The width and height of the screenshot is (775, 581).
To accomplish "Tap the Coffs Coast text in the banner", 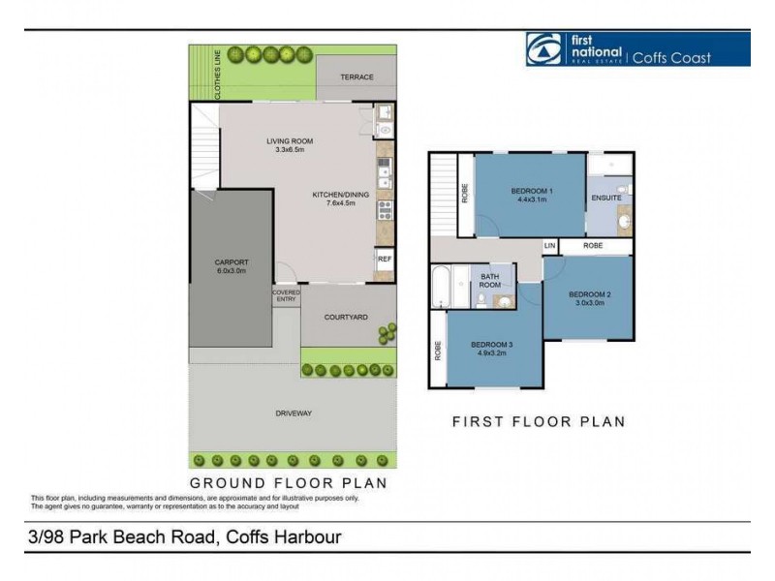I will pyautogui.click(x=671, y=57).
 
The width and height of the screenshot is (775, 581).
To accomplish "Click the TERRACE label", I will pyautogui.click(x=356, y=77).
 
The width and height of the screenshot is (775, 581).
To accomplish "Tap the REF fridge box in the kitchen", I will pyautogui.click(x=385, y=260).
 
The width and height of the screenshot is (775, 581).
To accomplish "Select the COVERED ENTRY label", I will pyautogui.click(x=286, y=295).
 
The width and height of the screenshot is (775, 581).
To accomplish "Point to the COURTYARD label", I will pyautogui.click(x=344, y=316).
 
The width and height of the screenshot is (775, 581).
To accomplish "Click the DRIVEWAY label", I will pyautogui.click(x=294, y=413).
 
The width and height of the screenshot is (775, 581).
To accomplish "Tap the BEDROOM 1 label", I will pyautogui.click(x=531, y=191).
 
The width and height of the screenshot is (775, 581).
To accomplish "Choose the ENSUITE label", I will pyautogui.click(x=607, y=199).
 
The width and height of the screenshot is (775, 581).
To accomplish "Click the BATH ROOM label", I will pyautogui.click(x=490, y=281).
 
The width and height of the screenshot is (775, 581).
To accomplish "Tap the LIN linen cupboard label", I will pyautogui.click(x=550, y=246).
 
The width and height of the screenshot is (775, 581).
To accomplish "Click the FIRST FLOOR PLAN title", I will pyautogui.click(x=539, y=422).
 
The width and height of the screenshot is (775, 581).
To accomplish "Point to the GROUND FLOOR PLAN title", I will pyautogui.click(x=288, y=481).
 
